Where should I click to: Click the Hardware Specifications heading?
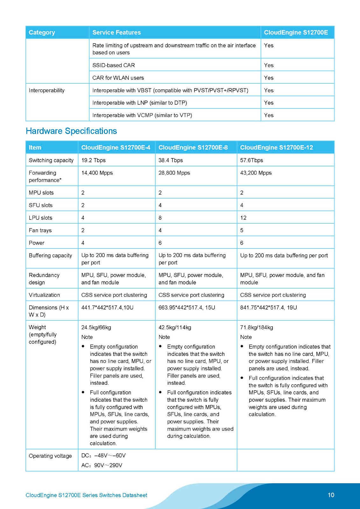(71, 131)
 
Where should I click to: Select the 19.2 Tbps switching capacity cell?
(93, 160)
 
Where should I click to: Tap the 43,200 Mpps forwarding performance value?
(256, 173)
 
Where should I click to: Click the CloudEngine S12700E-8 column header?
(193, 147)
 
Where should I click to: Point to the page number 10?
(331, 495)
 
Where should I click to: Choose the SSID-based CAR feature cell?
(114, 65)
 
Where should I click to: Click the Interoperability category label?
(46, 90)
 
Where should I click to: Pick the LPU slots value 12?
(243, 218)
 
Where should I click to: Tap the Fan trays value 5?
(242, 230)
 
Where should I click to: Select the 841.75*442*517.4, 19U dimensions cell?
(268, 308)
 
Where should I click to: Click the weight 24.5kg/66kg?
(96, 327)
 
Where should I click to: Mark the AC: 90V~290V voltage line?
(102, 465)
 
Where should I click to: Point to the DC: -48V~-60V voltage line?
(103, 456)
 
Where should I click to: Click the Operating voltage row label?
(50, 456)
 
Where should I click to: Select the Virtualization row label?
(44, 295)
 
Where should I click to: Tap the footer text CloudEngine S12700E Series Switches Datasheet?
(86, 495)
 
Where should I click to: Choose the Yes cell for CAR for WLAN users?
(269, 78)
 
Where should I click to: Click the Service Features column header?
(116, 32)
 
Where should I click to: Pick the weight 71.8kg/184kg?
(257, 327)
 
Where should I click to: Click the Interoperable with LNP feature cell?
(139, 103)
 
